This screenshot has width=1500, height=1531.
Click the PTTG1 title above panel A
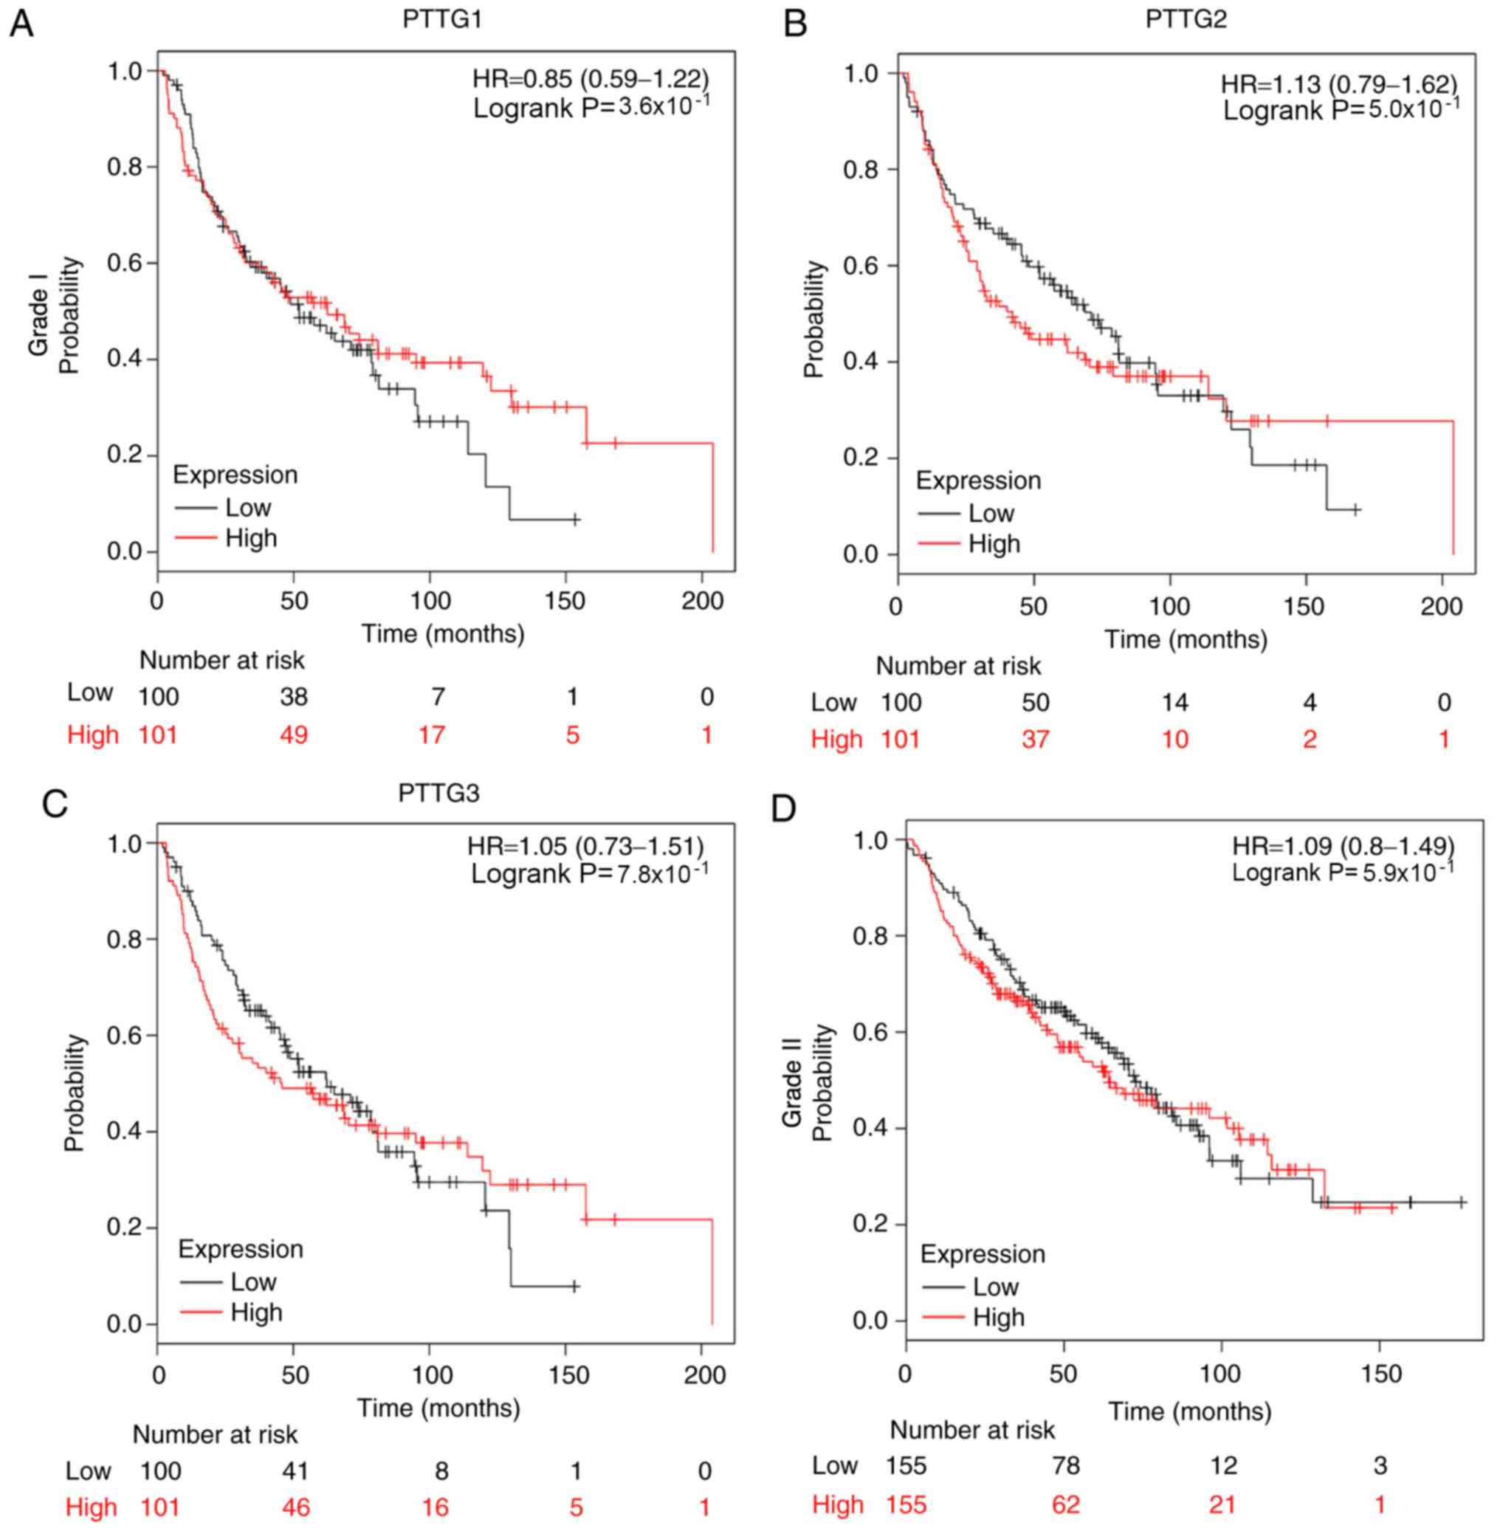[441, 19]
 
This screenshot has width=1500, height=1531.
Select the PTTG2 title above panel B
[1185, 19]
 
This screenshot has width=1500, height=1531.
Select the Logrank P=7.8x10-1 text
[589, 873]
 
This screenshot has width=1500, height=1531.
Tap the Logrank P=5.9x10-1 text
[1343, 872]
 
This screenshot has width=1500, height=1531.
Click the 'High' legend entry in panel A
[250, 538]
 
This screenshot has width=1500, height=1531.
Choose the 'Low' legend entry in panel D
[995, 1287]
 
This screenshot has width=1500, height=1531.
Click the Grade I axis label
[39, 315]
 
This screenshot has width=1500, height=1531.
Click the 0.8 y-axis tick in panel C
[124, 940]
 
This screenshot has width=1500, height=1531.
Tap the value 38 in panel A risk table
[294, 697]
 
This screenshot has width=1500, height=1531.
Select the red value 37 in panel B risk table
[1034, 739]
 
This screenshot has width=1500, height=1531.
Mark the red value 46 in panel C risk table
[295, 1507]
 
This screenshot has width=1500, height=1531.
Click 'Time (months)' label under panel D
[1190, 1411]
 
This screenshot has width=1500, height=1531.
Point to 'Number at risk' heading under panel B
[958, 667]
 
